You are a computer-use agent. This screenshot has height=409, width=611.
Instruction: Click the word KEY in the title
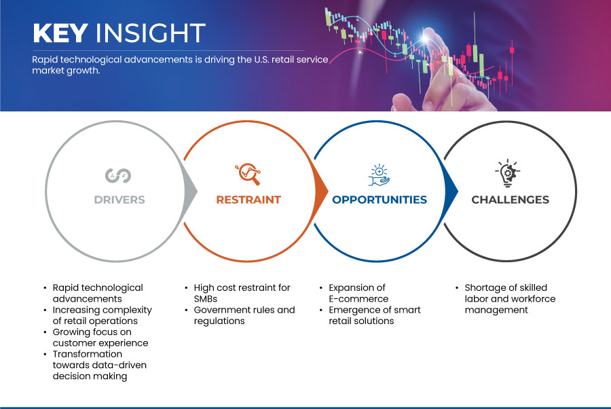[60, 33]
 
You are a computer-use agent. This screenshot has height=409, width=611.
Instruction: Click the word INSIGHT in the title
[151, 33]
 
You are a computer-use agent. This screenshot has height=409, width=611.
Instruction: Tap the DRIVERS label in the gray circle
[119, 200]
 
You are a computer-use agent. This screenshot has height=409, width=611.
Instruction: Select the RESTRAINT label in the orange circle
[248, 200]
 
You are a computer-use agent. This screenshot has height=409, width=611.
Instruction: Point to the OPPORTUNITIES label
[379, 200]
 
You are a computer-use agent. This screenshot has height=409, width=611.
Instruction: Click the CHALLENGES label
[510, 200]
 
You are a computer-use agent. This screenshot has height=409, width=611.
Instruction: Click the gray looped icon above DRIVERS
[118, 175]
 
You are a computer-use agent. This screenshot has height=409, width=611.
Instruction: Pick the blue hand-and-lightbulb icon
[379, 175]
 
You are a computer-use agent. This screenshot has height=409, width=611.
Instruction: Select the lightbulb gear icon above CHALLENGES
[508, 173]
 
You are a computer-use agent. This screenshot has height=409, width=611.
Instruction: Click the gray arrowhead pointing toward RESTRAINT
[191, 191]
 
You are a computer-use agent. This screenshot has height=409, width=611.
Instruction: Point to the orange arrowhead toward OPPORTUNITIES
[321, 191]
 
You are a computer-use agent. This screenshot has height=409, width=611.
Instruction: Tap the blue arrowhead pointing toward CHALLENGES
[451, 191]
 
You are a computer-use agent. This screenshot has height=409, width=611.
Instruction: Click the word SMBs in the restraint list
[205, 299]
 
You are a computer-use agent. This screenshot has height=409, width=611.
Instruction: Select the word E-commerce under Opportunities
[358, 299]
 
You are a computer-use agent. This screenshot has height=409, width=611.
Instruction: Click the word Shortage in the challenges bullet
[483, 288]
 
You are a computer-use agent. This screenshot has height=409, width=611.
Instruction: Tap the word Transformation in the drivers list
[88, 354]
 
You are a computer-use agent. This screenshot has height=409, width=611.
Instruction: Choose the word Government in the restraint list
[220, 310]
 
